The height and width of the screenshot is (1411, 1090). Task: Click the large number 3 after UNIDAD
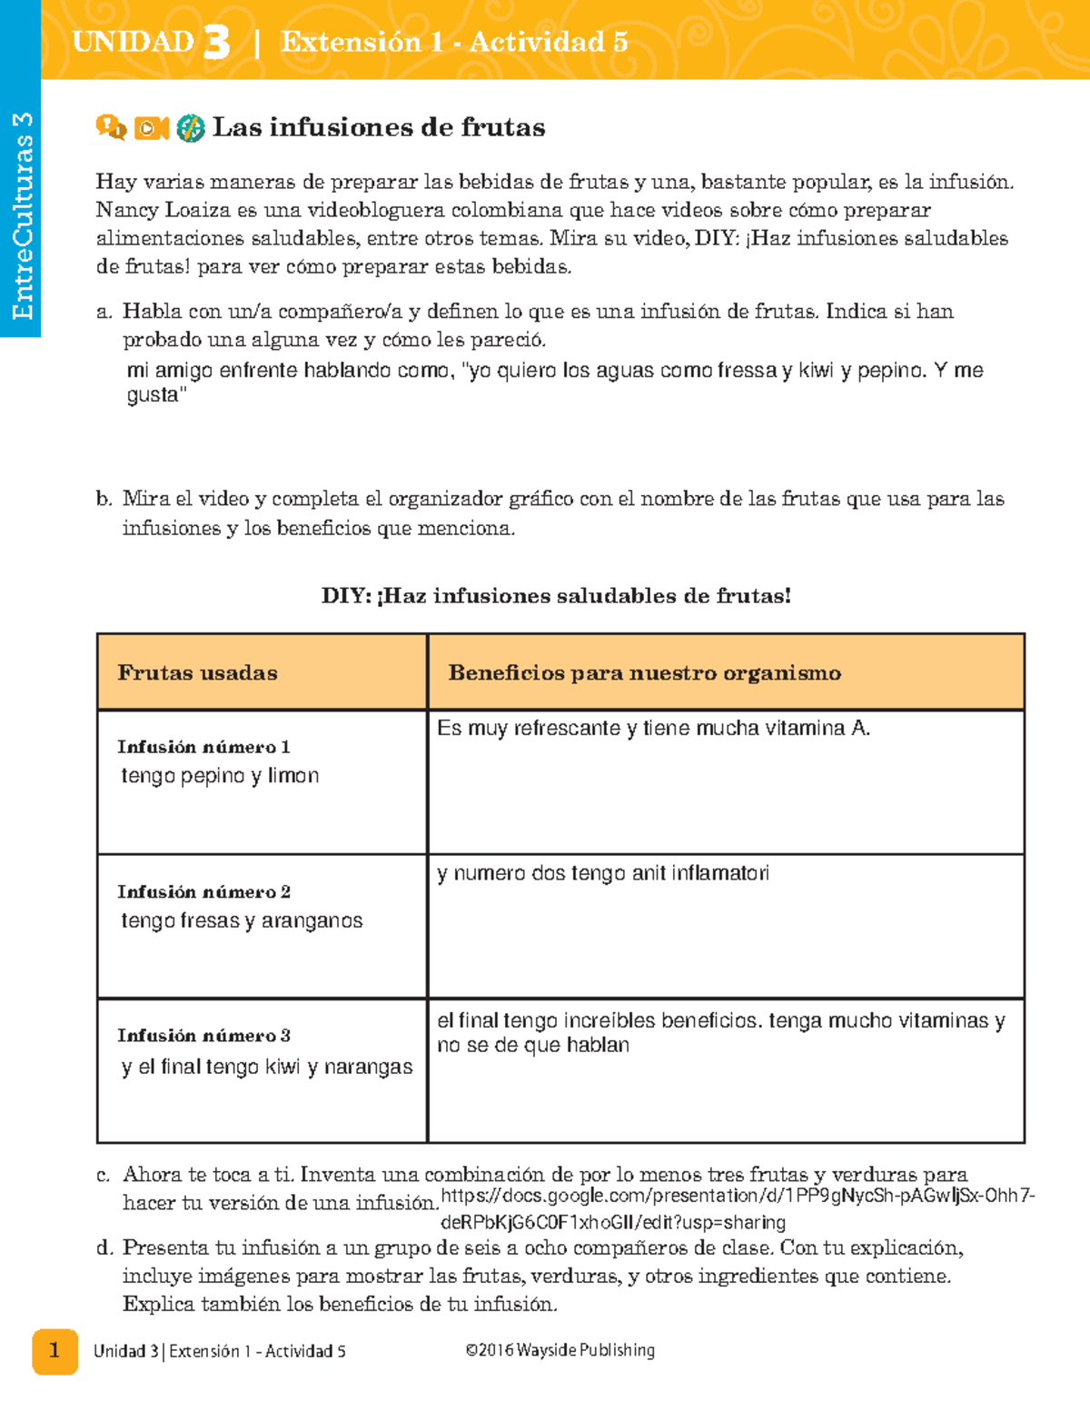point(216,42)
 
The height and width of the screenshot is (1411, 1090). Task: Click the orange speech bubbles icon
point(111,128)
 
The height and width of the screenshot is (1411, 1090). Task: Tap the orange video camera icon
point(151,128)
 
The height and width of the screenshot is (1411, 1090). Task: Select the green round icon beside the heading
point(190,128)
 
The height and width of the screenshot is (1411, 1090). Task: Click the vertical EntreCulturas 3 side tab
point(21,215)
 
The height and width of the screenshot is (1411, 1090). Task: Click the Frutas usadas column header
point(197,673)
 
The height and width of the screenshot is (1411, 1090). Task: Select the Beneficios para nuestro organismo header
point(644,673)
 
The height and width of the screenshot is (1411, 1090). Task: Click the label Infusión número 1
point(203,747)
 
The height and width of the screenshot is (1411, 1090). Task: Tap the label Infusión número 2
point(203,892)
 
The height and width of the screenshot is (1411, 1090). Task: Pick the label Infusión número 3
point(203,1036)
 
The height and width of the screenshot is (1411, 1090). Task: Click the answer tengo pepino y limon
point(220,776)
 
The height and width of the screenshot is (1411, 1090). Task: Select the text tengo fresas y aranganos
point(242,921)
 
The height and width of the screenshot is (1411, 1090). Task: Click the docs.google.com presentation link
point(736,1207)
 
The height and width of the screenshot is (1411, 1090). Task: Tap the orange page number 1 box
point(54,1351)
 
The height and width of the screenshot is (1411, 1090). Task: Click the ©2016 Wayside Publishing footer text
point(560,1351)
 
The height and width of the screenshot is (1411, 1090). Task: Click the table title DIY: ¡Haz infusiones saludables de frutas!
point(556,596)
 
